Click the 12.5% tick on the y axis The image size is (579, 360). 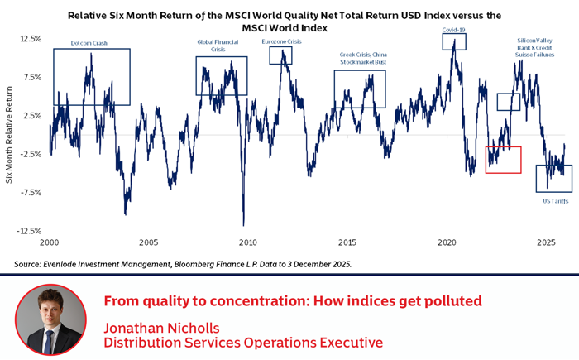31,39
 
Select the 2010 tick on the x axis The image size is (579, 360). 247,243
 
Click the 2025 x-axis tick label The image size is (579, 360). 545,243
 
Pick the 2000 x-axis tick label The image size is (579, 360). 49,243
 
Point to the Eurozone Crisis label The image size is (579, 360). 280,41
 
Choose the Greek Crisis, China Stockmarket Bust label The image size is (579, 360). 363,58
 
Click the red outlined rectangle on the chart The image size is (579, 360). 503,160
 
